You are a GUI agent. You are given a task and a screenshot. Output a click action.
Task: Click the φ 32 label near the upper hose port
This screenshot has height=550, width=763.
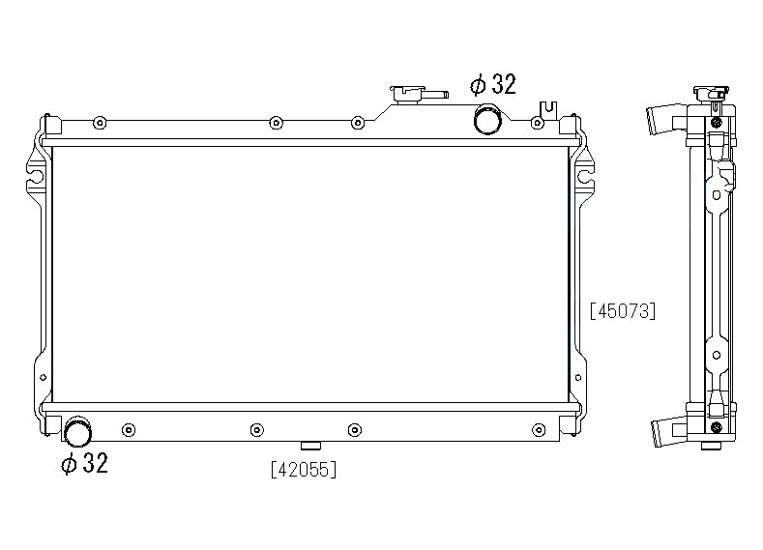492,84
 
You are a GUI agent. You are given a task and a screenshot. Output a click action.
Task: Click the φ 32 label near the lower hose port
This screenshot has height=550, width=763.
84,463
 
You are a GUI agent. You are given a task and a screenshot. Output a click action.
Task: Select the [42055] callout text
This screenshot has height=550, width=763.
304,470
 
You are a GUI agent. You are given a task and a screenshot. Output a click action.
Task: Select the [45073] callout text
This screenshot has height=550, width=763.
623,310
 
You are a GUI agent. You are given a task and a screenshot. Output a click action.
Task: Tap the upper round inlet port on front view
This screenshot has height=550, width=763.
487,119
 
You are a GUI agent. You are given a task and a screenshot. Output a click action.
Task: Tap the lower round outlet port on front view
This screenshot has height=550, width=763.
78,431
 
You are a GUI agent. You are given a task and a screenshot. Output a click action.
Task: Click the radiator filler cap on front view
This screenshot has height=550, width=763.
407,94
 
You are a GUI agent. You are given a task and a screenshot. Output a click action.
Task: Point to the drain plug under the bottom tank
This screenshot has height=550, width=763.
311,446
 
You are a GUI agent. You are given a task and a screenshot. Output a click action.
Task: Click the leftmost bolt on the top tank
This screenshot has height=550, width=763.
100,123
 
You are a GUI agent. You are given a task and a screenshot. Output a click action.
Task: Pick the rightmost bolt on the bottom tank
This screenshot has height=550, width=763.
539,430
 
